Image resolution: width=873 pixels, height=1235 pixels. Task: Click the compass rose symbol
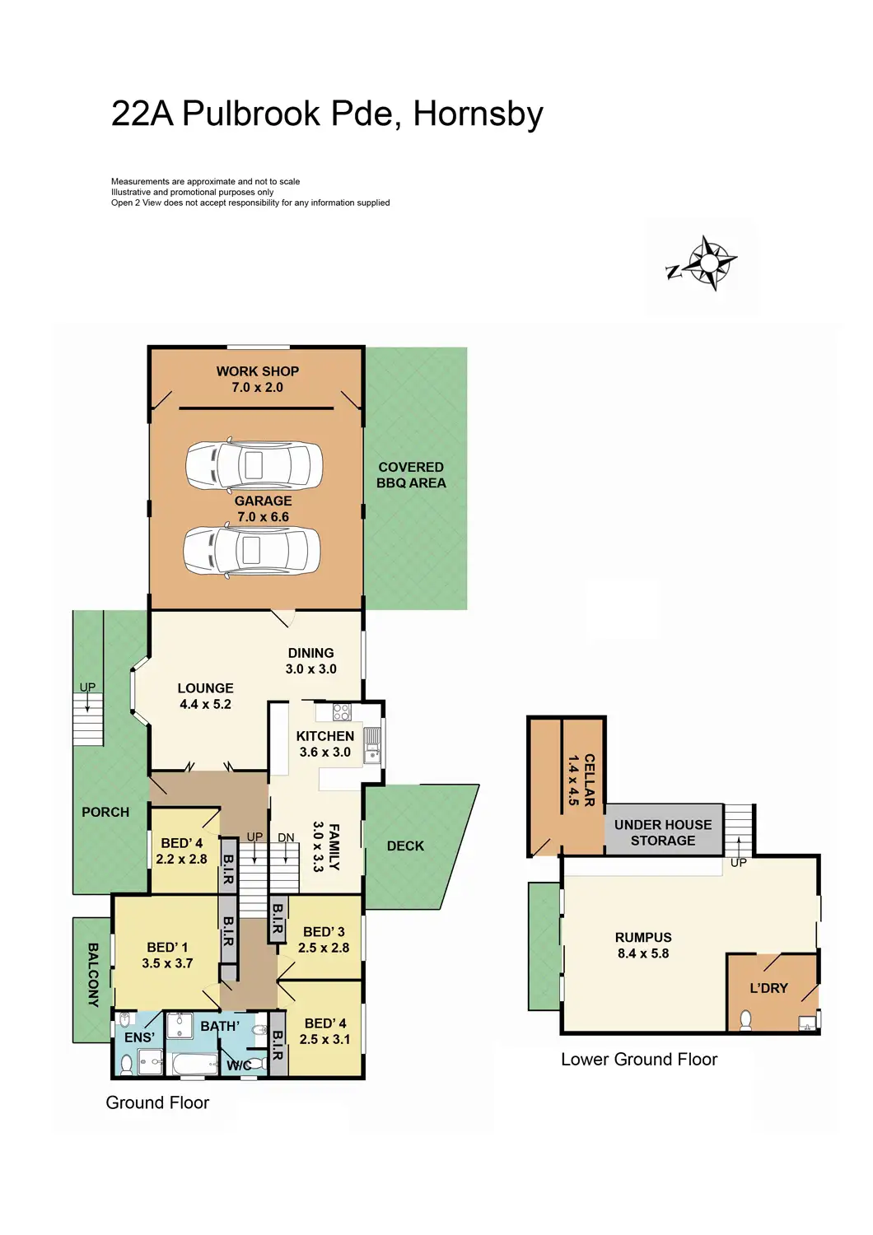[x=707, y=263]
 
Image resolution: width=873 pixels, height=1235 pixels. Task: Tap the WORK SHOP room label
[x=257, y=371]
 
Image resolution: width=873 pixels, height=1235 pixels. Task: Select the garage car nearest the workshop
[x=254, y=465]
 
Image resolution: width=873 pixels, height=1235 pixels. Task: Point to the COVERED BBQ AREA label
[x=411, y=475]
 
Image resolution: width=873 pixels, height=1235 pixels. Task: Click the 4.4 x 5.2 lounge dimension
[x=205, y=705]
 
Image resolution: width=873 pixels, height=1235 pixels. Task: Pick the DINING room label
[x=310, y=653]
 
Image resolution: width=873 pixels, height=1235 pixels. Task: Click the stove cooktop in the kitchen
[x=342, y=712]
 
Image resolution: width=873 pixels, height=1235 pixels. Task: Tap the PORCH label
[x=105, y=812]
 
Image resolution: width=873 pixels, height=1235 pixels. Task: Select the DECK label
[x=405, y=846]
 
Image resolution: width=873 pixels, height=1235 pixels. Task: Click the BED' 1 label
[x=167, y=948]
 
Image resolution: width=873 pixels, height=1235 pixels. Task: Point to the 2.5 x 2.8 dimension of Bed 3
[x=324, y=948]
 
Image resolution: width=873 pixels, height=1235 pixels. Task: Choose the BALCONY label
[x=93, y=976]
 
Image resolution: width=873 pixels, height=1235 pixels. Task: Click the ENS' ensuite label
[x=139, y=1037]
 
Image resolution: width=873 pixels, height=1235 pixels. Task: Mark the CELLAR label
[x=589, y=780]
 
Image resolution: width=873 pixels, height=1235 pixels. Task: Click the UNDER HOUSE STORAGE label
[x=663, y=832]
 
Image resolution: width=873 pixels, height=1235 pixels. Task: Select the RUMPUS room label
[x=643, y=938]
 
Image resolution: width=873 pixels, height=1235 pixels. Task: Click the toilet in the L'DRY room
[x=745, y=1021]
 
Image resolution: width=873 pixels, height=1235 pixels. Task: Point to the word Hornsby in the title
[x=478, y=114]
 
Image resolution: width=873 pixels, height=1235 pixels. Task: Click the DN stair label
[x=286, y=838]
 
